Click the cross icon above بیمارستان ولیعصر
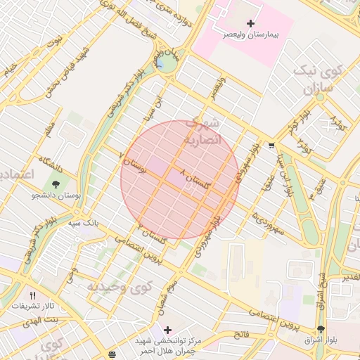point(250,24)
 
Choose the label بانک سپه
point(83,223)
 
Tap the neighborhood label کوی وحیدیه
point(119,287)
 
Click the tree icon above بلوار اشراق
point(321,329)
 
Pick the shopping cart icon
point(271,146)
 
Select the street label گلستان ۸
point(195,180)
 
